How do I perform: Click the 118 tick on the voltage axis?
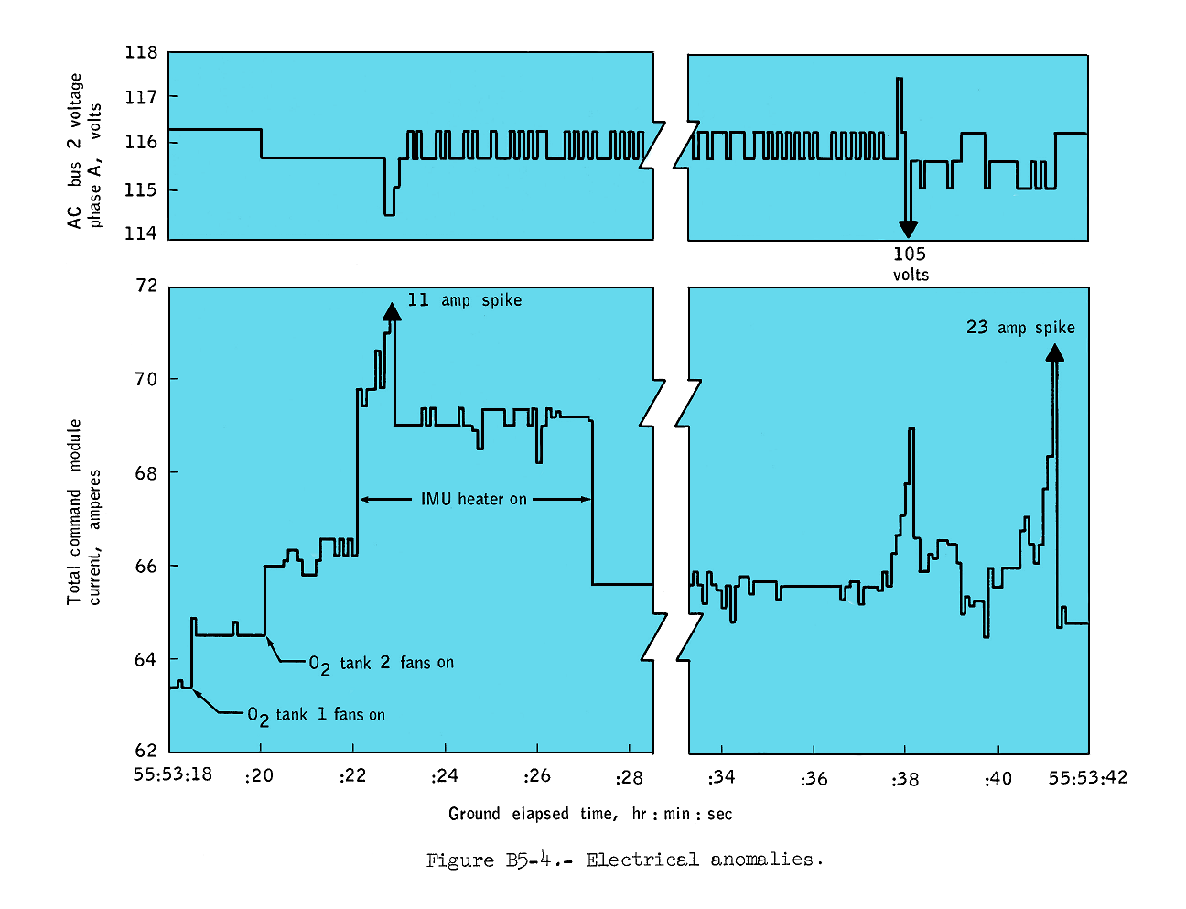point(141,52)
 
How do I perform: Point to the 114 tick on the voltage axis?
point(141,233)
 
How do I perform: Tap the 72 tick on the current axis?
point(146,286)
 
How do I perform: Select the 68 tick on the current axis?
point(146,473)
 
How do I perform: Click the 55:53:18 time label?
point(172,774)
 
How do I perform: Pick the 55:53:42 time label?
point(1087,778)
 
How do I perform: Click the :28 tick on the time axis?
point(630,778)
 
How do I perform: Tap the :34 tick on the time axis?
point(721,778)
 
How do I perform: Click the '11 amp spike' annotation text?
point(465,300)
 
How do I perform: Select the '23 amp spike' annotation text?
point(1020,328)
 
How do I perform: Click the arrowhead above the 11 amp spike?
point(392,312)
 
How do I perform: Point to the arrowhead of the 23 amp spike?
point(1054,352)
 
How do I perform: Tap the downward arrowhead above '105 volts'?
point(907,229)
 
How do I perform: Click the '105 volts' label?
point(911,264)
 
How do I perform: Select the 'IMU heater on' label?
point(474,499)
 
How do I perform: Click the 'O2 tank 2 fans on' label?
point(381,664)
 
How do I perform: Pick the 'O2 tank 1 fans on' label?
point(316,715)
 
